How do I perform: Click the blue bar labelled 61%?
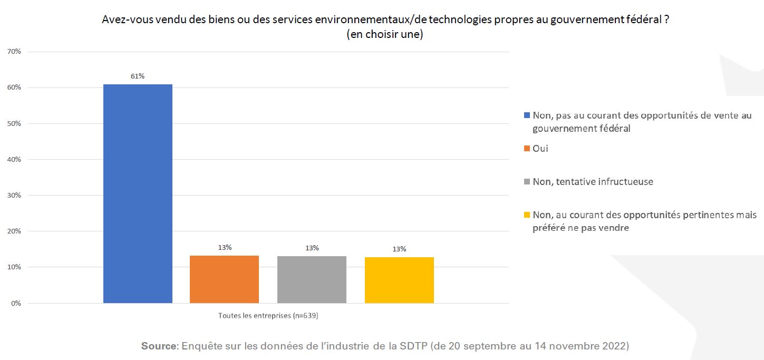point(138,193)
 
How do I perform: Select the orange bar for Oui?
point(224,279)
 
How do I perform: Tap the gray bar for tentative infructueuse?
point(312,279)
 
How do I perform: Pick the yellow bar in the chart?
point(399,280)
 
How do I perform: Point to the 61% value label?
point(138,76)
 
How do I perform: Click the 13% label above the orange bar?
point(225,247)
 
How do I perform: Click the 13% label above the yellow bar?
point(399,249)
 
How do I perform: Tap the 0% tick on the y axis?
point(16,303)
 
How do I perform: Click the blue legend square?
point(527,115)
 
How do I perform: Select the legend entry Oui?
point(540,149)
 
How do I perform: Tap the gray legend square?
point(527,182)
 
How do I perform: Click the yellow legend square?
point(527,215)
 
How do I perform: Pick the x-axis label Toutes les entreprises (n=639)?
point(268,316)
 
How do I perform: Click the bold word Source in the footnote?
point(159,346)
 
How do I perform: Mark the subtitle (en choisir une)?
point(385,35)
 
